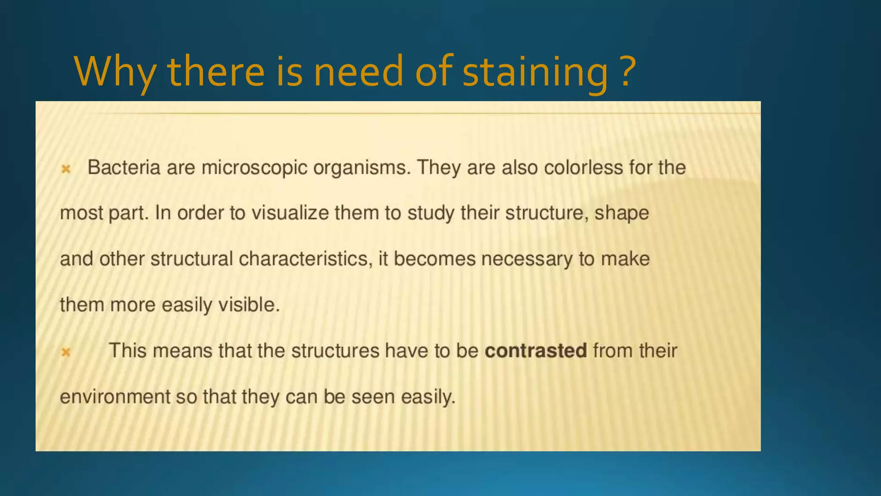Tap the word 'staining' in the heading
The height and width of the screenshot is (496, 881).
click(535, 71)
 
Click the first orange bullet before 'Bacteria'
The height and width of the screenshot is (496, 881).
click(66, 169)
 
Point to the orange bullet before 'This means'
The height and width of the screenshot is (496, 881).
click(66, 352)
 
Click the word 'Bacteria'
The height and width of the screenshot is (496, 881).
click(124, 167)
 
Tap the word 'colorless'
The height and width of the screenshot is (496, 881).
click(583, 167)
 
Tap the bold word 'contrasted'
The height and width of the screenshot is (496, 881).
click(536, 351)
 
